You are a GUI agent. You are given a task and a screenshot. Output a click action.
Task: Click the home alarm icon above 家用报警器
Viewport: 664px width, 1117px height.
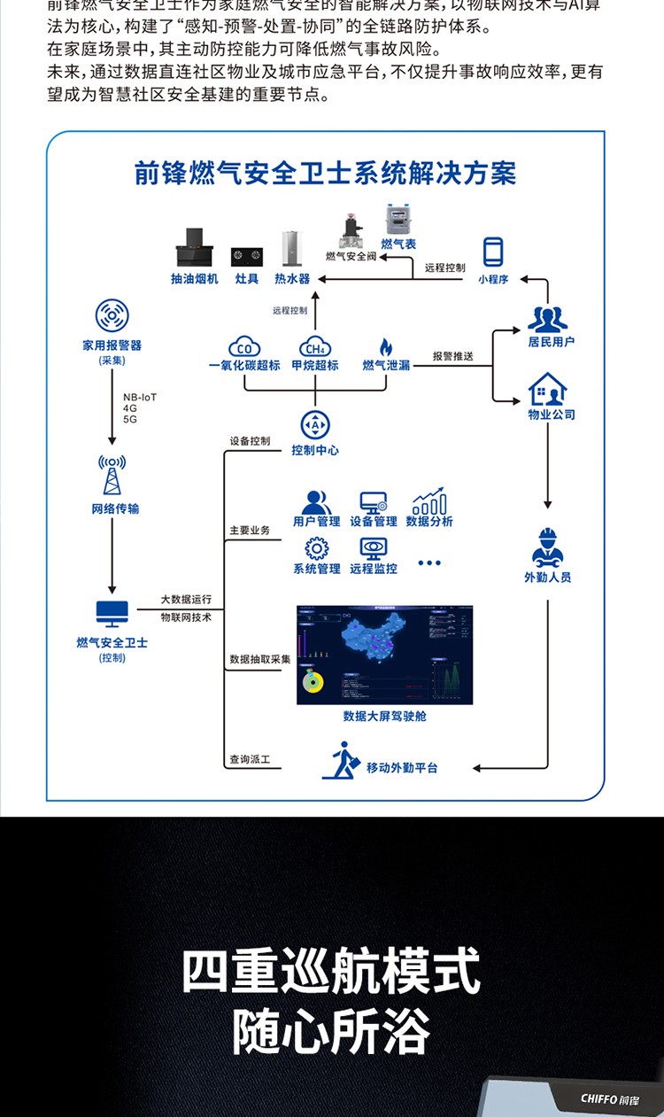pyautogui.click(x=112, y=316)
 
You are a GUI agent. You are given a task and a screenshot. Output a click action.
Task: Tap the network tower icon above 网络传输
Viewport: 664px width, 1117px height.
pyautogui.click(x=112, y=476)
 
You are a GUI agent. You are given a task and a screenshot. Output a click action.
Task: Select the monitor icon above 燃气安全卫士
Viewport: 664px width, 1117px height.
pyautogui.click(x=112, y=613)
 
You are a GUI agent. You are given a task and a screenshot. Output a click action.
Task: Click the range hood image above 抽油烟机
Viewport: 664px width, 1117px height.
pyautogui.click(x=194, y=249)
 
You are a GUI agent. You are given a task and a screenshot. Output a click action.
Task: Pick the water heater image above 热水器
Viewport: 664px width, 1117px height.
pyautogui.click(x=291, y=249)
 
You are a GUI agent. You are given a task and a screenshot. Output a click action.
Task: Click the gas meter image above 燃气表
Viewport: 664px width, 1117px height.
pyautogui.click(x=398, y=221)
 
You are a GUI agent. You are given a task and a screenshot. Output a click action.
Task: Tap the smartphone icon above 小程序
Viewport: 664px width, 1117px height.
pyautogui.click(x=493, y=252)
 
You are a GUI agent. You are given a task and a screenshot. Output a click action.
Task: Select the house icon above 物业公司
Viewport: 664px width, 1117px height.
pyautogui.click(x=548, y=389)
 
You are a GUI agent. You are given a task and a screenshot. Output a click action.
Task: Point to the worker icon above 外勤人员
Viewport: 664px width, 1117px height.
pyautogui.click(x=548, y=547)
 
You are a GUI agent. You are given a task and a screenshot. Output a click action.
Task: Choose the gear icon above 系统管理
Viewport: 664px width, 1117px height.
pyautogui.click(x=316, y=547)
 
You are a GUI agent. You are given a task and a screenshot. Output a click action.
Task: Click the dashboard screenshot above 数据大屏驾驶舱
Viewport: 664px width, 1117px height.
pyautogui.click(x=385, y=655)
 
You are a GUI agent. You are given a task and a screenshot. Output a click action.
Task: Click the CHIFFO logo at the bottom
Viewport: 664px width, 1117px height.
pyautogui.click(x=607, y=1098)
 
